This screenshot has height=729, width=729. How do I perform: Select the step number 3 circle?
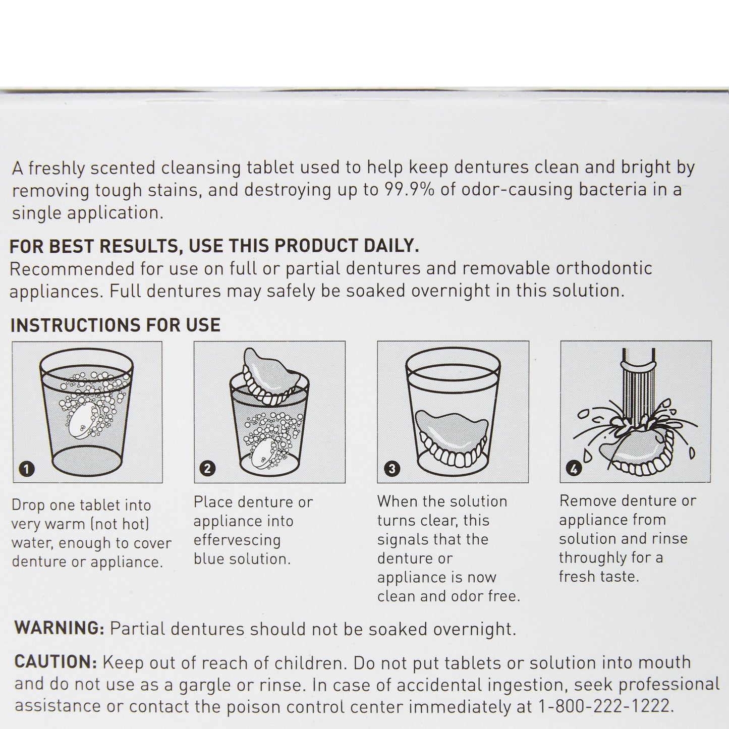pos(391,469)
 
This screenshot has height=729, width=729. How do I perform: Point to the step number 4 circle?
pos(574,469)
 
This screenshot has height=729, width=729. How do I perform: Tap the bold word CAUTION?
pos(55,662)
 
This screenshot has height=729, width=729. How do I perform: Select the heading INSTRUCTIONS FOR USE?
pos(115,325)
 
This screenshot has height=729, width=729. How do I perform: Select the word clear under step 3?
pos(438,520)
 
